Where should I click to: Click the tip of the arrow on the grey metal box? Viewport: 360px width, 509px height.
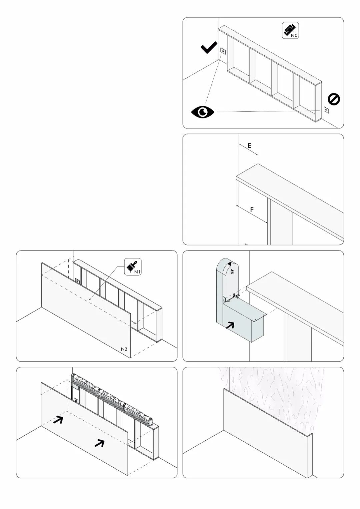click(234, 322)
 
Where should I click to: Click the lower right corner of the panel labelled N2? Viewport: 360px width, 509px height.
click(130, 358)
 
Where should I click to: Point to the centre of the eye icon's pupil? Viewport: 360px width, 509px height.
click(202, 112)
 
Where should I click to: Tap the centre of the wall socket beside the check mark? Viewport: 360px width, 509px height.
click(223, 51)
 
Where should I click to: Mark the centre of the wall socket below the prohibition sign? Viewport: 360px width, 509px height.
click(326, 110)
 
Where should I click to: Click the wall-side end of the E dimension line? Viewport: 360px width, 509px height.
click(239, 144)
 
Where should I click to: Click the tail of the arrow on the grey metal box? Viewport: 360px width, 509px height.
click(226, 329)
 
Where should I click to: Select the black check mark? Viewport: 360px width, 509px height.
click(209, 47)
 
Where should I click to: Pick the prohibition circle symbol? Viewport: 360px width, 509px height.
click(334, 99)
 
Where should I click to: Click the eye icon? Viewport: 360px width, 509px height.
click(203, 112)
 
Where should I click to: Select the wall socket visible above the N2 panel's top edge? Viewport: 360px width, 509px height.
click(78, 281)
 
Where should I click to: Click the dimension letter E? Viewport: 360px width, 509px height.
click(250, 146)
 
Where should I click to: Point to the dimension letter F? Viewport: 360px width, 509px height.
click(252, 209)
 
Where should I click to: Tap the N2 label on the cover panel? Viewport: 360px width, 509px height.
click(124, 349)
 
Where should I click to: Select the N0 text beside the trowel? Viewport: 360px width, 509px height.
click(294, 35)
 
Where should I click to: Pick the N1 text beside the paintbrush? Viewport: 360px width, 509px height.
click(137, 272)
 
